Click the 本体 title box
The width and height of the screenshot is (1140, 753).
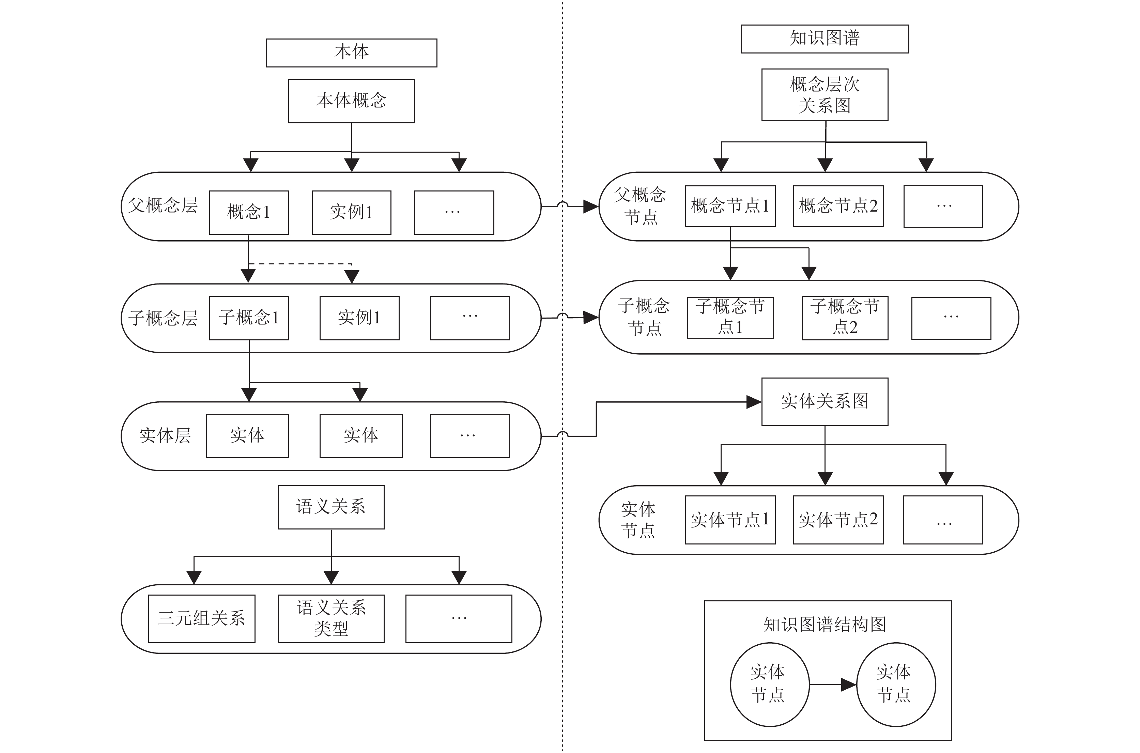[x=352, y=53]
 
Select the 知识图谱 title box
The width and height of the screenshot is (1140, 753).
[x=825, y=39]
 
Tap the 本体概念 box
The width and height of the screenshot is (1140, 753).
[x=352, y=101]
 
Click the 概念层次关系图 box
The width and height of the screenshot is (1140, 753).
[x=825, y=95]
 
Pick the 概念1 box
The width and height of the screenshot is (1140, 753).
[x=249, y=213]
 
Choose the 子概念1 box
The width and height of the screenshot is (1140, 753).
[x=249, y=318]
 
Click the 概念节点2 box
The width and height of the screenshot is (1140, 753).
[x=838, y=206]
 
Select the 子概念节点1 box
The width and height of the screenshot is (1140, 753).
[x=730, y=318]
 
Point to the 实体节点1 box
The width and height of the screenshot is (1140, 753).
[x=730, y=520]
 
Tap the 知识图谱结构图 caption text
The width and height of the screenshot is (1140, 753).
[x=825, y=624]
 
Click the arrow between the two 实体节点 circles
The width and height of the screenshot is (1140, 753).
[x=833, y=685]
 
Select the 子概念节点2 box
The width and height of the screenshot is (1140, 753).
[x=845, y=318]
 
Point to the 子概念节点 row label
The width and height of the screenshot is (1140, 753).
[x=644, y=317]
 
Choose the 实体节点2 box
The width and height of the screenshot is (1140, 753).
[x=838, y=520]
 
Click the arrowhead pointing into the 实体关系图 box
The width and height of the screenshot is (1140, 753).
[x=754, y=402]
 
